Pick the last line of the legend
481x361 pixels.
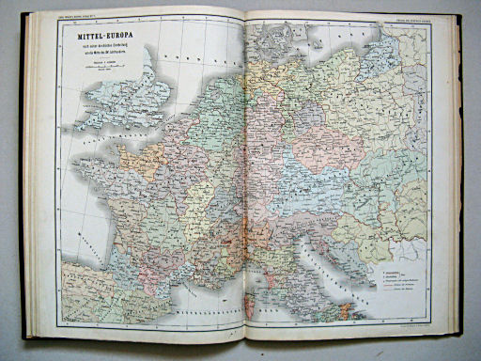(x=400, y=293)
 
